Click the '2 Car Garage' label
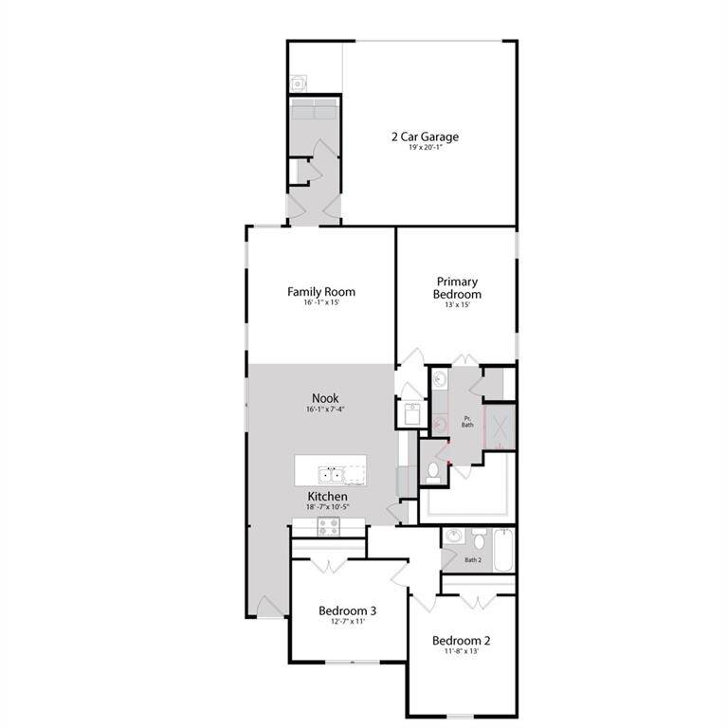tap(425, 136)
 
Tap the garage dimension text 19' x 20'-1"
tap(425, 150)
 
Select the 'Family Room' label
tap(321, 291)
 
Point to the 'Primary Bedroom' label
tap(458, 288)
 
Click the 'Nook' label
tap(325, 398)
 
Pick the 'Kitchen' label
tap(326, 496)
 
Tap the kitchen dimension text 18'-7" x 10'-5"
tap(326, 507)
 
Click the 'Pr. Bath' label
tap(467, 422)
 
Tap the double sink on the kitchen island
tap(330, 473)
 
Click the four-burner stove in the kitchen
tap(329, 527)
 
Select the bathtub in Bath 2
tap(502, 551)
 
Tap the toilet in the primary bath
tap(431, 470)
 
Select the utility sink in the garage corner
tap(299, 83)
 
